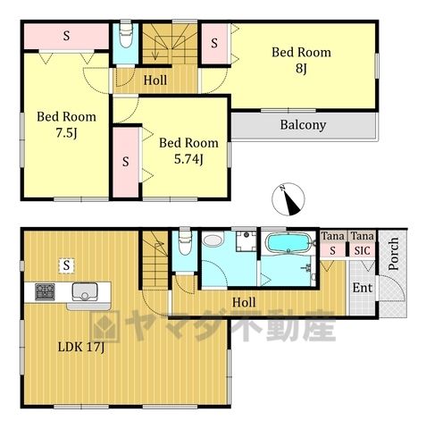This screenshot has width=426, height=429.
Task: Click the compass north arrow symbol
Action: pyautogui.click(x=288, y=199)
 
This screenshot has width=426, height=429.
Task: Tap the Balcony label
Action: pyautogui.click(x=303, y=125)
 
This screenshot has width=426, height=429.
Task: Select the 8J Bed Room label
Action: pyautogui.click(x=301, y=60)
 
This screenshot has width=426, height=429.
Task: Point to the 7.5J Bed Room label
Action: pyautogui.click(x=66, y=124)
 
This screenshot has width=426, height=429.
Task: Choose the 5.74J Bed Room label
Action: pyautogui.click(x=188, y=151)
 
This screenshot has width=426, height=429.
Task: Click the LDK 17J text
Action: pyautogui.click(x=81, y=347)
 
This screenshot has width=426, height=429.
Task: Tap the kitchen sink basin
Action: pyautogui.click(x=85, y=292)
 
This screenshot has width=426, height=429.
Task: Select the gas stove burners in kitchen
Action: pyautogui.click(x=45, y=291)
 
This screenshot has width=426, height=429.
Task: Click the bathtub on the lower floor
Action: pyautogui.click(x=288, y=242)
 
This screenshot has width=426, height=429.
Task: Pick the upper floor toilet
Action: pyautogui.click(x=126, y=34)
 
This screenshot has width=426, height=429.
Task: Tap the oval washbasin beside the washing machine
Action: pyautogui.click(x=213, y=240)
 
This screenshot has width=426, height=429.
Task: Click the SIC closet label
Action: pyautogui.click(x=362, y=251)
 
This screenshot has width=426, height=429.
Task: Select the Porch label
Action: pyautogui.click(x=394, y=254)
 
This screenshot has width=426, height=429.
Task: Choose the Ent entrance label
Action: pyautogui.click(x=363, y=288)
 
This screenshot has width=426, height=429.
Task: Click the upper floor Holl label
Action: pyautogui.click(x=155, y=80)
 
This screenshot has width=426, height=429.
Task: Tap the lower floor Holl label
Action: pyautogui.click(x=244, y=302)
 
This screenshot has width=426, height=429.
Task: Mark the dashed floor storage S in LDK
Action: pyautogui.click(x=66, y=265)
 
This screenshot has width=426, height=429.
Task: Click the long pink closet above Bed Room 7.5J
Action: pyautogui.click(x=66, y=37)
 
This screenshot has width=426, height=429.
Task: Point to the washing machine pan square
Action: pyautogui.click(x=246, y=240)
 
